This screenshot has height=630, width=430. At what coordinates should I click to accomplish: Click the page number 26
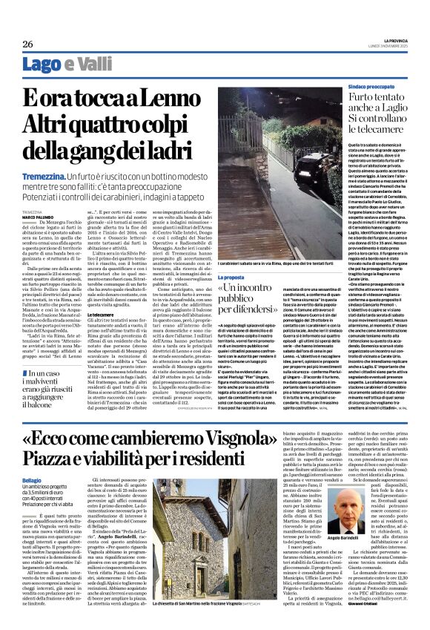coord(28,44)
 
